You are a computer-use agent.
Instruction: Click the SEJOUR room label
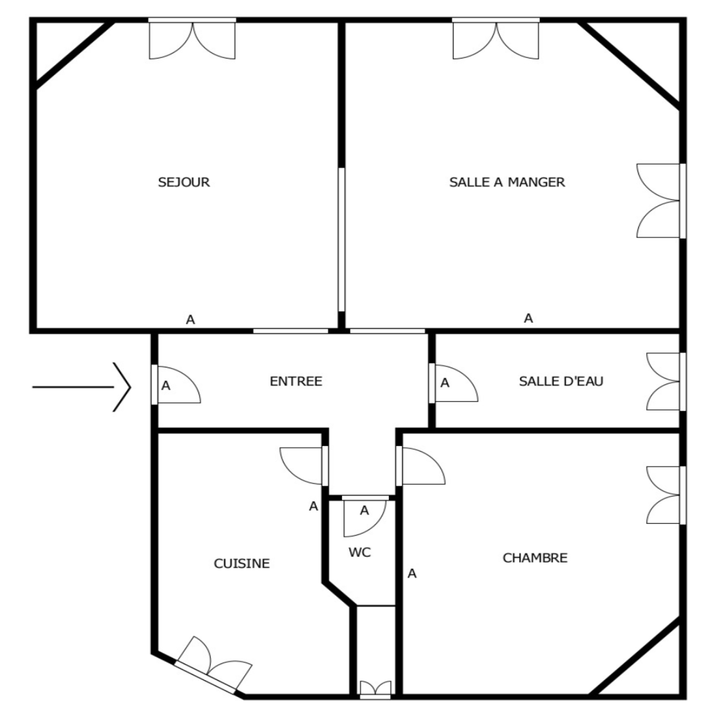184,182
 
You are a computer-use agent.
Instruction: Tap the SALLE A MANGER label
507,182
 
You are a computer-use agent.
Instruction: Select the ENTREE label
296,382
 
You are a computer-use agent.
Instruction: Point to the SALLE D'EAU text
561,381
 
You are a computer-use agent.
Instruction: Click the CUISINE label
242,563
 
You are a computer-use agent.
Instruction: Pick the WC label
360,552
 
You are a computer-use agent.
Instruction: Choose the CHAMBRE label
535,558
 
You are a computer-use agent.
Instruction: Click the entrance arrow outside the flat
82,387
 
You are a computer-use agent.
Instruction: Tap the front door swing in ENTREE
179,384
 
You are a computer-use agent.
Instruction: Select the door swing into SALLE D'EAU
456,383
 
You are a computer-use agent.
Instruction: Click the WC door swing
365,518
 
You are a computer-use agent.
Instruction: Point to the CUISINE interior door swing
301,466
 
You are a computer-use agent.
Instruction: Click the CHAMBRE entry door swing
423,466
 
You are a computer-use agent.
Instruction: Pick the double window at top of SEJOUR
193,40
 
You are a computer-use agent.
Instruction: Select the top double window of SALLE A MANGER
496,40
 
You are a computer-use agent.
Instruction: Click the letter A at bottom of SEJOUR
190,320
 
